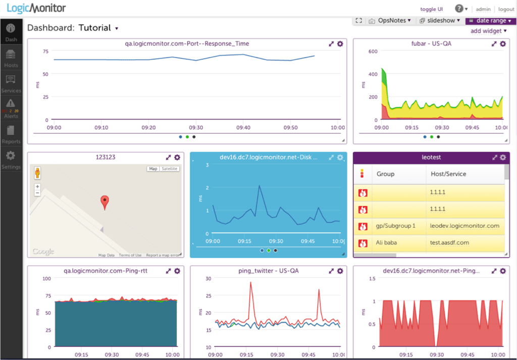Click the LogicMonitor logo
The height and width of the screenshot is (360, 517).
click(36, 9)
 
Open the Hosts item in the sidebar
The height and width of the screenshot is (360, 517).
click(11, 59)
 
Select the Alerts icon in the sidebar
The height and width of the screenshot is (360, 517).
click(11, 107)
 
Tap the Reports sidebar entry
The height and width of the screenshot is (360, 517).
click(11, 133)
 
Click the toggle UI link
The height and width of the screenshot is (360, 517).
click(431, 9)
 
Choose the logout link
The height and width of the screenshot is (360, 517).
click(506, 9)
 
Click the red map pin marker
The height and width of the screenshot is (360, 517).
click(105, 202)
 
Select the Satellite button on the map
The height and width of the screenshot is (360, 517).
click(169, 169)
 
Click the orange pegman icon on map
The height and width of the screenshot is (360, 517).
click(37, 173)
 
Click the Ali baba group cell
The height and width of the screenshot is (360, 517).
click(386, 243)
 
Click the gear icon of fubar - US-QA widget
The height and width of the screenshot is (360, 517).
click(502, 44)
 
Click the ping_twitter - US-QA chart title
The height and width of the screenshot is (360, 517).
click(269, 271)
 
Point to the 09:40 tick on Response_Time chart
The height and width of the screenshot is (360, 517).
click(243, 128)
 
